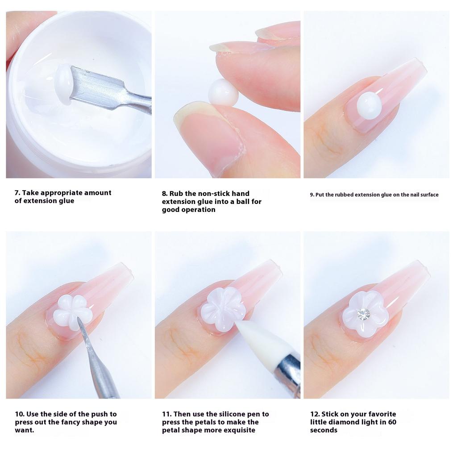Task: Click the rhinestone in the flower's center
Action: [x=364, y=314]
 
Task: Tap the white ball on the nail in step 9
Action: [x=369, y=106]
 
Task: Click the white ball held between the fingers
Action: [x=223, y=92]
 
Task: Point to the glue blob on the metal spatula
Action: [x=63, y=84]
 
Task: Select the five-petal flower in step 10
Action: [x=72, y=309]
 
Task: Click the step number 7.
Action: [x=17, y=193]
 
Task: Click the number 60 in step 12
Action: [x=391, y=422]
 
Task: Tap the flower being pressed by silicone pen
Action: [x=222, y=309]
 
